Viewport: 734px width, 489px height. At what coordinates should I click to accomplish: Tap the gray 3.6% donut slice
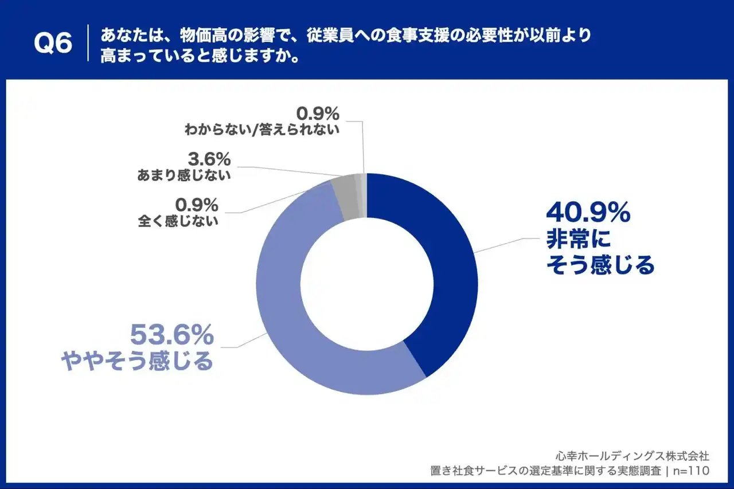(x=346, y=198)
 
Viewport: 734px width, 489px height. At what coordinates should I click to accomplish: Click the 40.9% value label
(x=588, y=214)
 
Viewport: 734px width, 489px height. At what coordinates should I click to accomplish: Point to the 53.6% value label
(x=172, y=334)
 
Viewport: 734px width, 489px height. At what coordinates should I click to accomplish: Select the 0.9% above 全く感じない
(x=197, y=204)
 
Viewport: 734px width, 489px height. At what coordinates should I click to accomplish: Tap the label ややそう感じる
(x=137, y=361)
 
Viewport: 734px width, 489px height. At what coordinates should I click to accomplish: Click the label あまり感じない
(x=184, y=175)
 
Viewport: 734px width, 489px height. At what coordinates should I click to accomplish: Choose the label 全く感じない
(x=178, y=221)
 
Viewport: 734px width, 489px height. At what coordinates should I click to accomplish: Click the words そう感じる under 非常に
(x=600, y=265)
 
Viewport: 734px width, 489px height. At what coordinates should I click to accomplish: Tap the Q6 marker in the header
(x=53, y=43)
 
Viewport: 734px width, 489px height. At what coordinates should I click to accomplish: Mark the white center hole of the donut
(x=367, y=284)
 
